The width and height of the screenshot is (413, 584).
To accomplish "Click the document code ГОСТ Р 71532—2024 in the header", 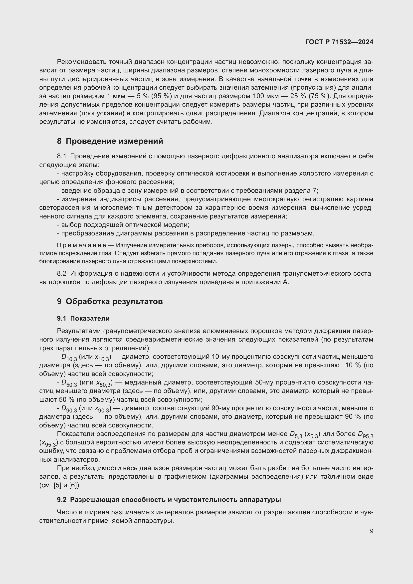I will tap(339, 42).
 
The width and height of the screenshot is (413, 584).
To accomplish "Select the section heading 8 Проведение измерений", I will tap(110, 141).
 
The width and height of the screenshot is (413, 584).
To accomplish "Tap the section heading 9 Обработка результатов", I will tap(110, 301).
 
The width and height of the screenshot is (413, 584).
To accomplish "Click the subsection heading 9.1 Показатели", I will tap(83, 318).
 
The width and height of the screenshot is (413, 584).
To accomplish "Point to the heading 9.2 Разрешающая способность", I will tap(169, 500).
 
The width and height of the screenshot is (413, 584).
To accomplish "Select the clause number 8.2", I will tap(62, 273).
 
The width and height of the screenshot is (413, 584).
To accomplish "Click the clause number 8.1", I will tap(62, 156).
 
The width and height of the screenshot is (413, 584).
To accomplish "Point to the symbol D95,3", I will tap(366, 435).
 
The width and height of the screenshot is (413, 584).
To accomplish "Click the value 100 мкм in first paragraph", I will tap(265, 96).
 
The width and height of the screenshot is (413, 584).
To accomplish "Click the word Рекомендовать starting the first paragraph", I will tap(82, 62).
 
